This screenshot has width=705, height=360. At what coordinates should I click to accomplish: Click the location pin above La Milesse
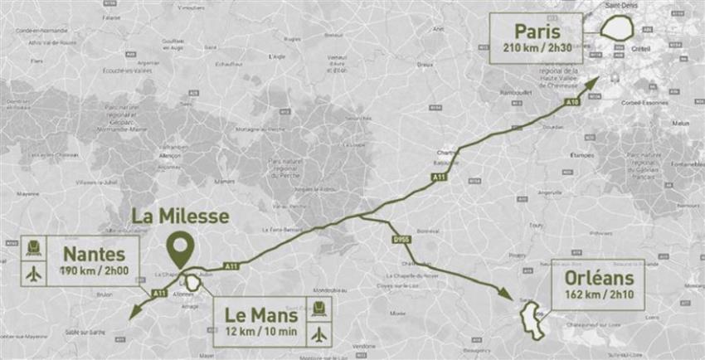180,246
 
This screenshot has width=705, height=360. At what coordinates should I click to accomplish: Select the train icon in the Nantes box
34,246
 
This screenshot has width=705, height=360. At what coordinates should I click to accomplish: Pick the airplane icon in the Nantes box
34,272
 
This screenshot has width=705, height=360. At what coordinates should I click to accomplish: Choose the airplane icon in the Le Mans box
321,334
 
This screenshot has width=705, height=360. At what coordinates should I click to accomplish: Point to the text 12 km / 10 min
262,333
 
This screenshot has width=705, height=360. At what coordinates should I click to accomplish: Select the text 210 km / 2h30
544,49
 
